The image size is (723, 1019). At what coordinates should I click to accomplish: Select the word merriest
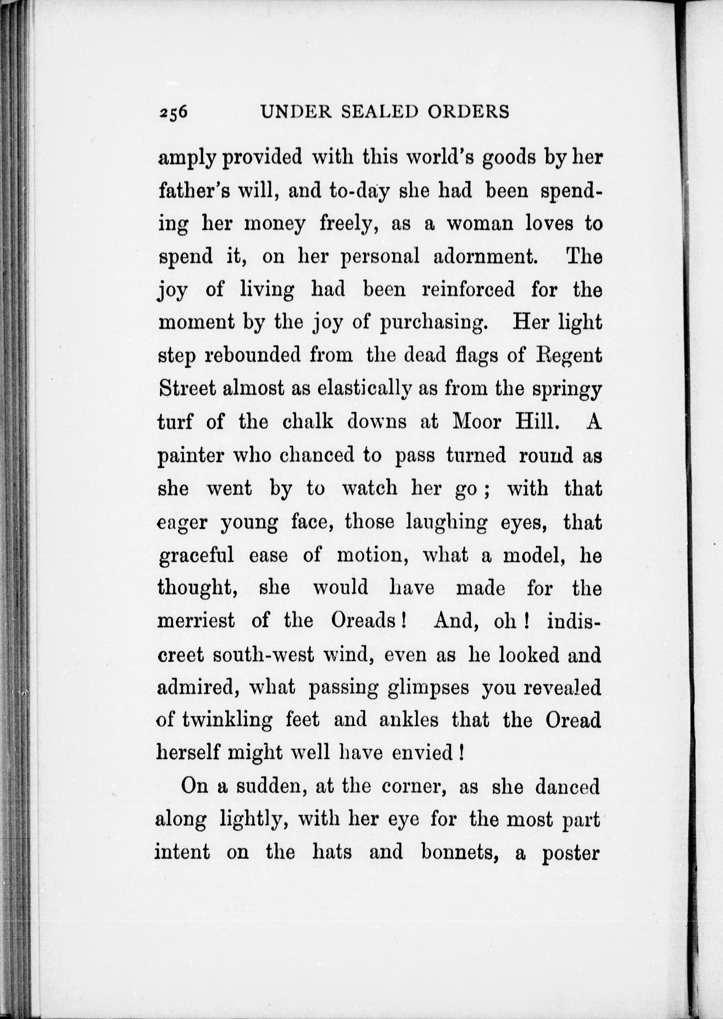click(x=196, y=621)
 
